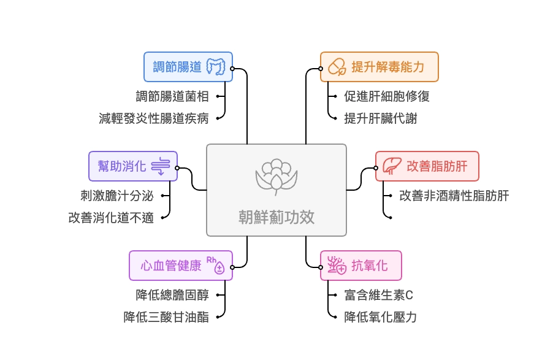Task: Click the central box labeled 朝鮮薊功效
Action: point(276,190)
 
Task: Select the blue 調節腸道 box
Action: point(188,67)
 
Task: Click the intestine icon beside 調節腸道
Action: point(218,67)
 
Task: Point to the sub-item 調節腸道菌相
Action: point(172,96)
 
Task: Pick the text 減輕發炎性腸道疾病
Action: point(154,118)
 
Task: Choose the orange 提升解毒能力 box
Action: point(379,67)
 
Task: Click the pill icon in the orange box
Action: point(337,67)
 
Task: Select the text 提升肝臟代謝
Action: point(380,118)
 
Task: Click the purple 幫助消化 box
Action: point(133,166)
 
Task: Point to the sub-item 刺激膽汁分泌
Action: point(117,196)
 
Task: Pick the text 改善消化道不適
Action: point(111,218)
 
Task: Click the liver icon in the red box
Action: point(391,166)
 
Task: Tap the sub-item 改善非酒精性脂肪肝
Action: point(454,196)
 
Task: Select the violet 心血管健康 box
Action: point(181,266)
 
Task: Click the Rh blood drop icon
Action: point(216,264)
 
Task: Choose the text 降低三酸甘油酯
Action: point(166,317)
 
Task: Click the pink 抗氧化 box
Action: point(360,266)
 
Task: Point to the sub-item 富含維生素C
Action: point(378,295)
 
